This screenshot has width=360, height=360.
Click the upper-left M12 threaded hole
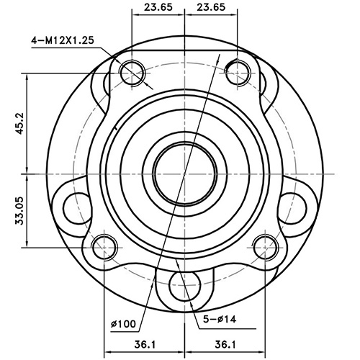click(132, 71)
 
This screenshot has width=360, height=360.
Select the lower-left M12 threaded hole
click(105, 248)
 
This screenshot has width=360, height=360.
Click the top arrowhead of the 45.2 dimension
click(27, 76)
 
